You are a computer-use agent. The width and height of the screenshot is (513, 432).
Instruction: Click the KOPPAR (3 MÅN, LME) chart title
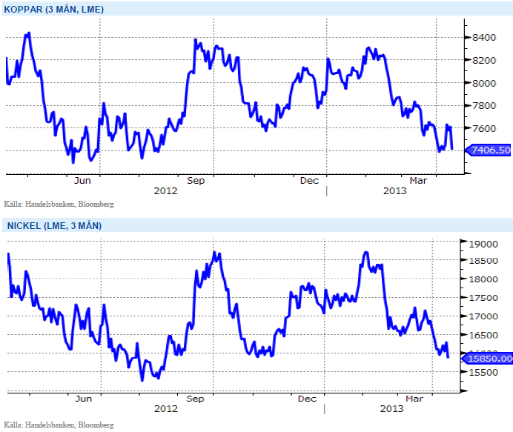point(54,10)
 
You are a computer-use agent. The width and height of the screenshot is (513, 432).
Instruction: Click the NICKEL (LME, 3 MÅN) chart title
point(53,225)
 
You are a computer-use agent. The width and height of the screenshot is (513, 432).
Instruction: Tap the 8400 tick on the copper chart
point(484,37)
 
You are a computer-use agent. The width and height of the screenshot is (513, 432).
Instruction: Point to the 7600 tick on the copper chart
point(484,128)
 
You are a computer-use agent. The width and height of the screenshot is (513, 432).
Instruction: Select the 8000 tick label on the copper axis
point(484,83)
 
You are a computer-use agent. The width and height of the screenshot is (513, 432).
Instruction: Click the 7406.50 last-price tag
point(490,150)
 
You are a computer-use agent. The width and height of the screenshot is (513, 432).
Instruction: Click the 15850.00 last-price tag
point(490,359)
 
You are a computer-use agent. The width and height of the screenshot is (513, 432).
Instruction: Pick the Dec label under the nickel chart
point(308,399)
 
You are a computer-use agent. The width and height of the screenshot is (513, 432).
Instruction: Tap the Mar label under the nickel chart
point(414,399)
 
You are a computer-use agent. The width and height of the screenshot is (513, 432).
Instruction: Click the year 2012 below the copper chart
point(166,191)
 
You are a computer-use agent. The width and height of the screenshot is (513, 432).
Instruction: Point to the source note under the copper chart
point(59,204)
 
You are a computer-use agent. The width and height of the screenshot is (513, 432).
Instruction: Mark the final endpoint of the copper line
point(452,149)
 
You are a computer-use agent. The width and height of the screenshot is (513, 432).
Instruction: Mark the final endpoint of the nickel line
point(449,357)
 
